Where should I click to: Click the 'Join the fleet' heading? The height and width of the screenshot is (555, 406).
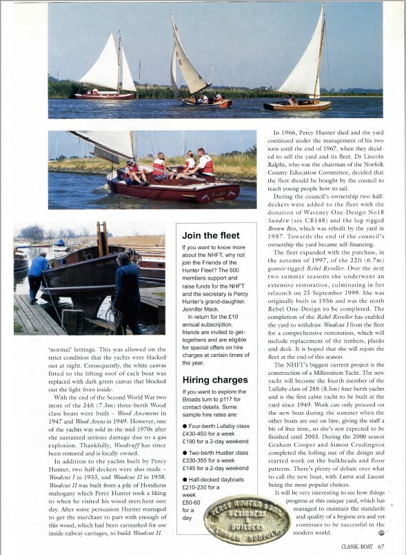[211, 235]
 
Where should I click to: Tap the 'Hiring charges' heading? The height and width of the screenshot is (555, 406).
[214, 380]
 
